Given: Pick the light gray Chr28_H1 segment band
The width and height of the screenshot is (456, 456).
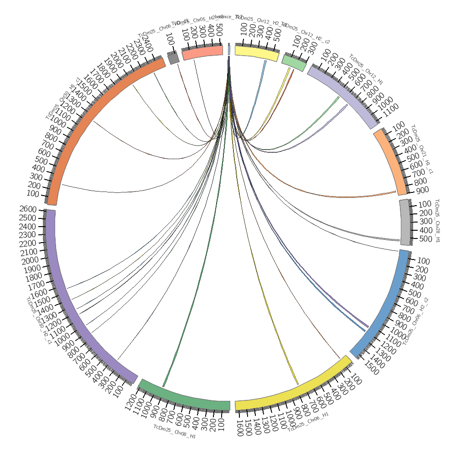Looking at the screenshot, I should (x=404, y=222).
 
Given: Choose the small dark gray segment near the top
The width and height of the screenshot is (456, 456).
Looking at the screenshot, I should (x=173, y=58).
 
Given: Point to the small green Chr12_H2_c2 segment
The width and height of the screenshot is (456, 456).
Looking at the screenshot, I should (x=294, y=63).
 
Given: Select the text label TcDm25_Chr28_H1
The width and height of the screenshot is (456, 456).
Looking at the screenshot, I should (x=437, y=221).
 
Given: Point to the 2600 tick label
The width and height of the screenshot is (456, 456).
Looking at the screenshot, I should (x=28, y=209).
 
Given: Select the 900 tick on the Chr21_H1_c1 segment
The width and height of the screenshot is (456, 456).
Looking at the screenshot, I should (x=422, y=190).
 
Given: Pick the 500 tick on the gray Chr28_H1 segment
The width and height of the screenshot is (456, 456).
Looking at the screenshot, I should (x=425, y=238).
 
